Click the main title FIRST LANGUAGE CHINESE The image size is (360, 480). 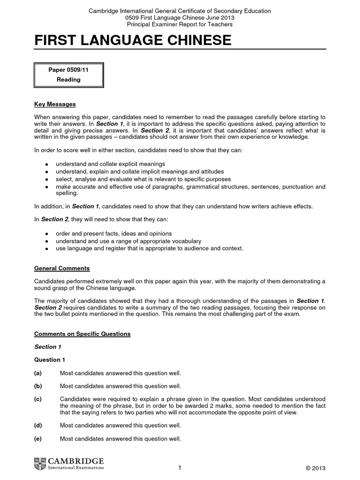pos(133,41)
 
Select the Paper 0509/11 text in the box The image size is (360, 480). pos(68,70)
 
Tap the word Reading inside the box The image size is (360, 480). pos(68,80)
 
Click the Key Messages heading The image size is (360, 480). pos(55,104)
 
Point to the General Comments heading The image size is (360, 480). pos(62,269)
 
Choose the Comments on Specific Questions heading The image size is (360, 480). pos(82,334)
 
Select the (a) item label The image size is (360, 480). pos(38,373)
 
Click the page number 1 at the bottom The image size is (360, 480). pos(180,468)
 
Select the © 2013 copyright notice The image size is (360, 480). pos(315,468)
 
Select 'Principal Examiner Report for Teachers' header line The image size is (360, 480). pos(180,24)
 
